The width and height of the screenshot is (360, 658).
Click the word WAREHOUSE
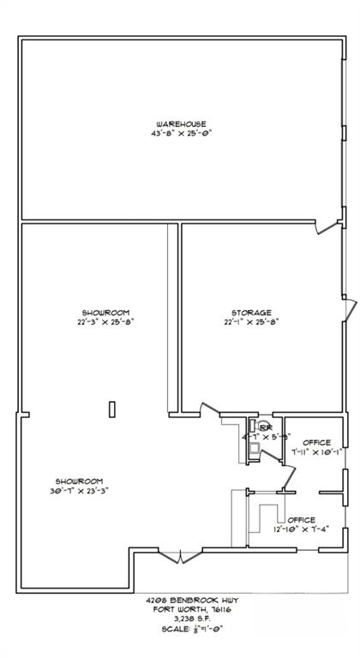(x=181, y=124)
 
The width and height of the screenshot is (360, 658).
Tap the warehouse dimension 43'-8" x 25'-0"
(x=181, y=134)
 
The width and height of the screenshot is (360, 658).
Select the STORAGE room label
(x=251, y=313)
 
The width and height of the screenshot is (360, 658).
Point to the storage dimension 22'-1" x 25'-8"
(x=251, y=322)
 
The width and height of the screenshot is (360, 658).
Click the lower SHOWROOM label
(x=80, y=481)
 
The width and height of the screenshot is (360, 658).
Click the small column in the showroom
(x=111, y=409)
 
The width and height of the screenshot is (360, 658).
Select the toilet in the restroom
(x=255, y=427)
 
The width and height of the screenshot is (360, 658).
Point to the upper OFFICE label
(x=316, y=442)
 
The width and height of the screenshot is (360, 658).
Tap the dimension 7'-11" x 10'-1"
(x=316, y=452)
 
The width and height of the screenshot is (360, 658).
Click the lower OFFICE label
(x=301, y=520)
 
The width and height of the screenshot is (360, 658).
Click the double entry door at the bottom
(x=179, y=558)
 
